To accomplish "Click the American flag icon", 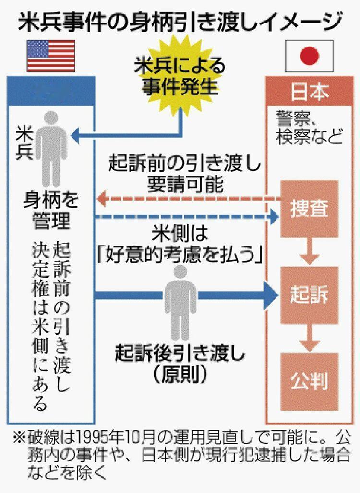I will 51,56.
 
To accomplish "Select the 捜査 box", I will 309,209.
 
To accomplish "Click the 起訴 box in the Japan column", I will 309,294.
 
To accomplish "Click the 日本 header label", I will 310,92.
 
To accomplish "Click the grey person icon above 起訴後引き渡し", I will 180,300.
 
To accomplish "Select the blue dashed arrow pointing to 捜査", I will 187,218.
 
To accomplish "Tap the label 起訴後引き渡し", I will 180,354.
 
